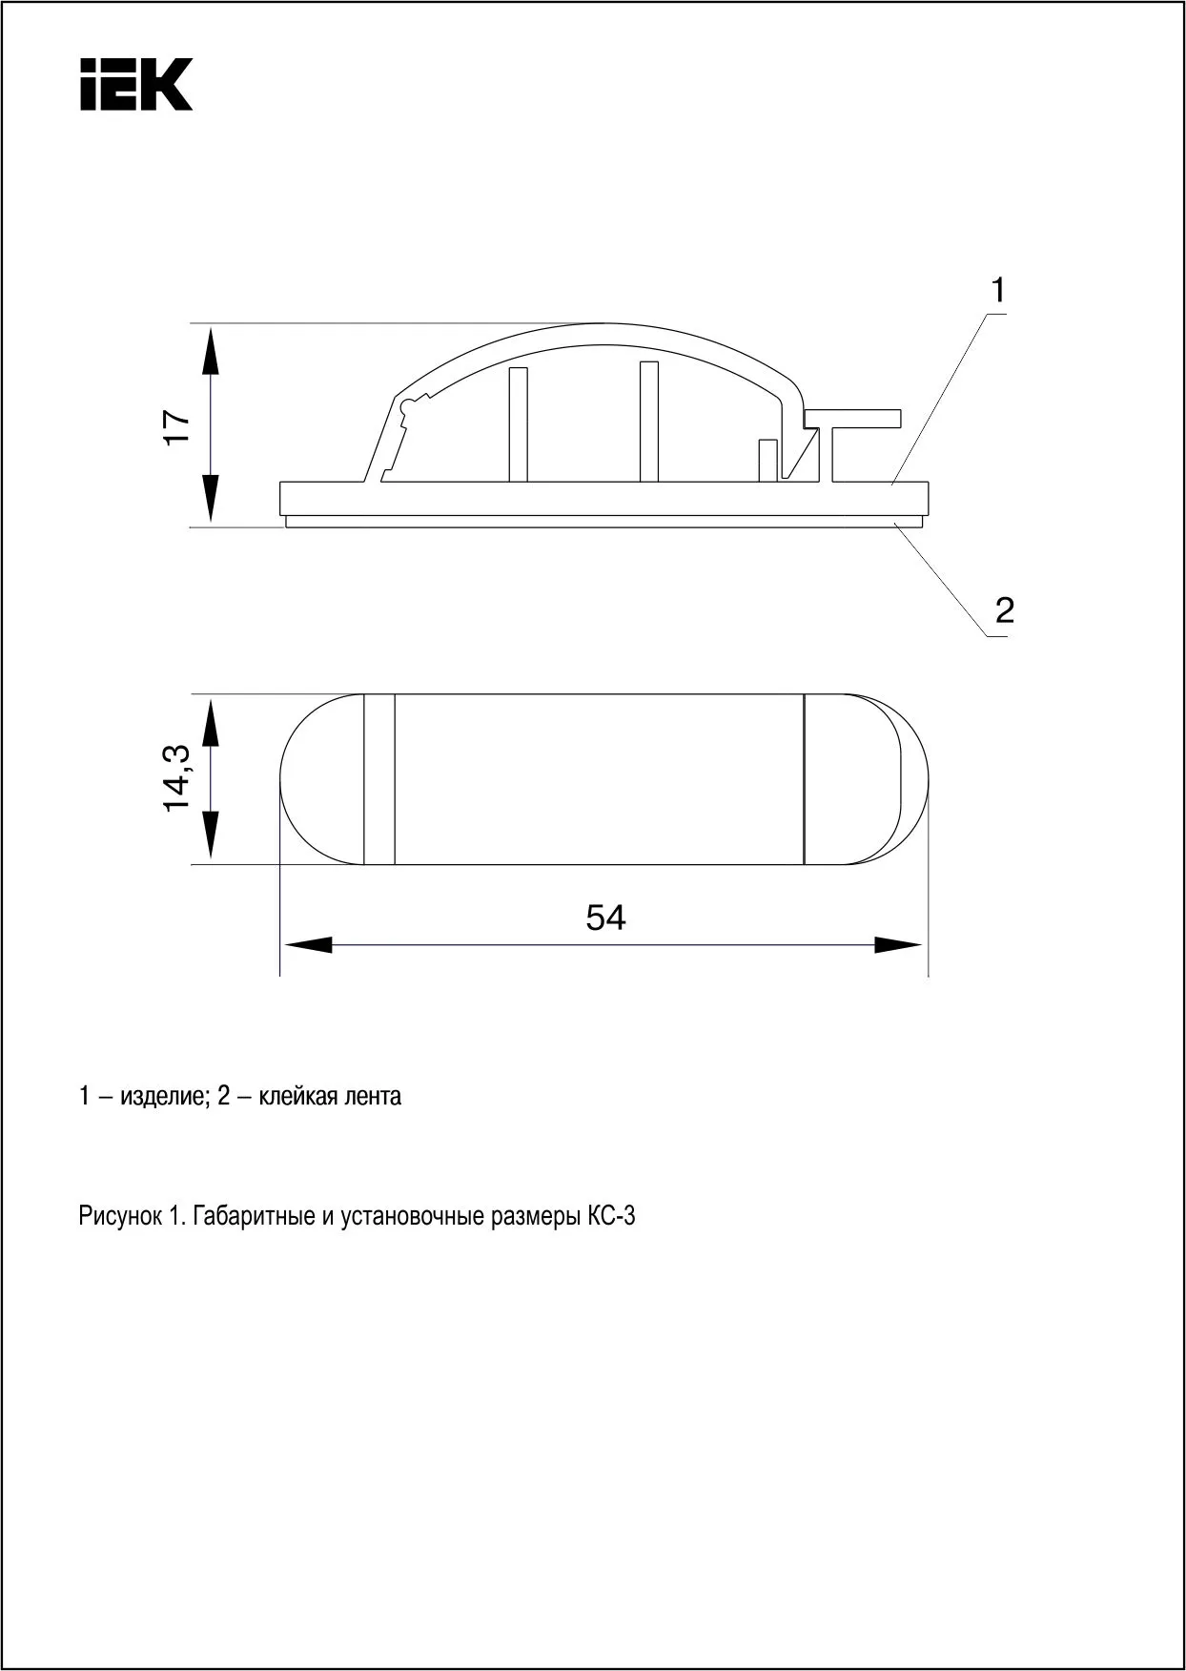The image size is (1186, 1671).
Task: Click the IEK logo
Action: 136,84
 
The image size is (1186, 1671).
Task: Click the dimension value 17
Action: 177,426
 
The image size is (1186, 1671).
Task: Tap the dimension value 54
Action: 606,918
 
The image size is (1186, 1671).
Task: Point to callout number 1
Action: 998,290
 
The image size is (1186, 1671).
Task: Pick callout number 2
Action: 1004,609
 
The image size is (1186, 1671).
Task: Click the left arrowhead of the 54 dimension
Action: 307,945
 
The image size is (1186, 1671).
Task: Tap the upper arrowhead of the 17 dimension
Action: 211,349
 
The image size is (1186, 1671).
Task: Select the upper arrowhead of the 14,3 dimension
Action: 211,721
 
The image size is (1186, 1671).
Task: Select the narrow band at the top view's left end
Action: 378,779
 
